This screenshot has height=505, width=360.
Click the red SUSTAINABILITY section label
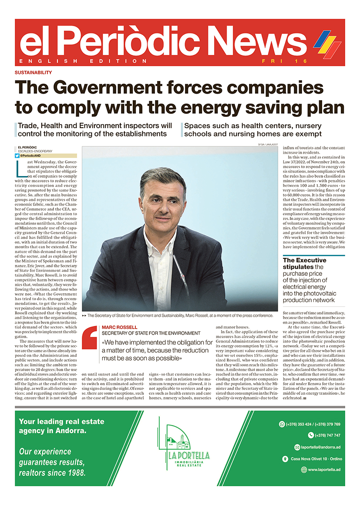33,72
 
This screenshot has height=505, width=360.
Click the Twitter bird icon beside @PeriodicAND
17,156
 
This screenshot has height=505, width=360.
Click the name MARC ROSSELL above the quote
118,327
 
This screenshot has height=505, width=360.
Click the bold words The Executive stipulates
304,264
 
